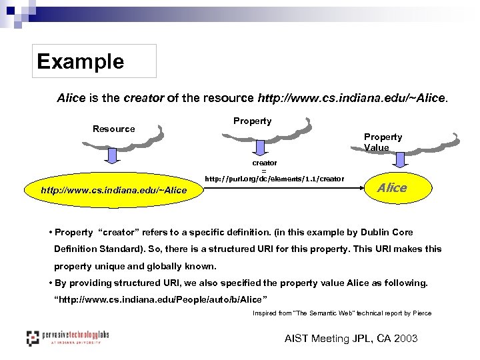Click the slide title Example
coord(81,61)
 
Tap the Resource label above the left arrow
coord(113,129)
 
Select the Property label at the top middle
coord(252,121)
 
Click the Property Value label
coord(383,142)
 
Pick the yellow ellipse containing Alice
coord(392,188)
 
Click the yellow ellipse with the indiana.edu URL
coord(114,191)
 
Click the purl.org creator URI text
coord(274,179)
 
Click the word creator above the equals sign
coord(264,163)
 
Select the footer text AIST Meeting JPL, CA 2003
coord(351,339)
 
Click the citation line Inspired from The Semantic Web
coord(342,313)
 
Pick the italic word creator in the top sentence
coord(143,98)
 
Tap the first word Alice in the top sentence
coord(71,98)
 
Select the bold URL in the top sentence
coord(351,98)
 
